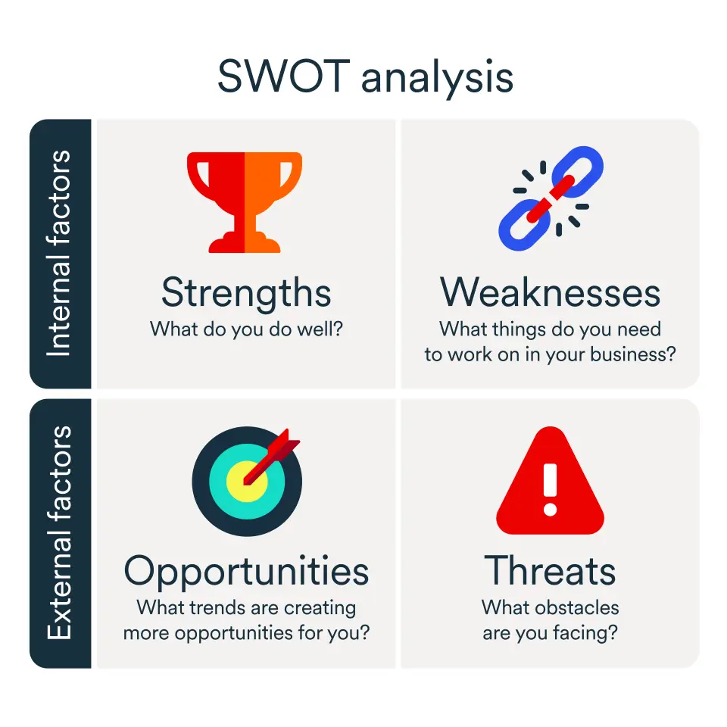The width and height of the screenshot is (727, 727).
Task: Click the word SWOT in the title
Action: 283,76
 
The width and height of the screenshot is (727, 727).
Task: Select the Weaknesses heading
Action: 551,292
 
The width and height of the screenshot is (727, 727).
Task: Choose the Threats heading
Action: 551,570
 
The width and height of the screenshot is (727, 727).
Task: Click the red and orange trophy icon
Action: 245,202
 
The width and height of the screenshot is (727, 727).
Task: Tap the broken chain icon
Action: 551,198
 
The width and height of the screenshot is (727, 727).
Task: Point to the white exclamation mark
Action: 551,490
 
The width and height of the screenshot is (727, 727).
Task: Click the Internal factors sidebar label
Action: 59,253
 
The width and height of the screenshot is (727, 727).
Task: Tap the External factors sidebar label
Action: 59,532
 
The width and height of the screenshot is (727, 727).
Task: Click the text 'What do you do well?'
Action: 246,329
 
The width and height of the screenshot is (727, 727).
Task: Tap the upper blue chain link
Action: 578,171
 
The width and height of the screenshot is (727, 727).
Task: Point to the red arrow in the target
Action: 272,457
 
